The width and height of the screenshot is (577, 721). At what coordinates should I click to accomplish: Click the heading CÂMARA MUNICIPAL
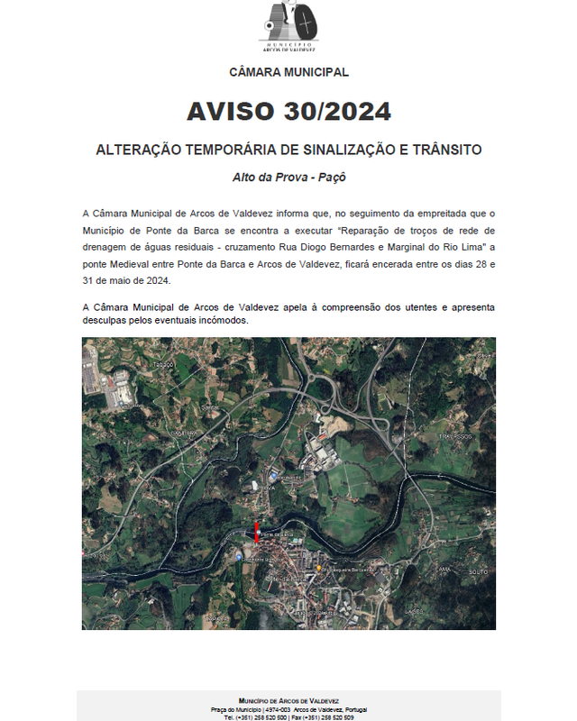288,72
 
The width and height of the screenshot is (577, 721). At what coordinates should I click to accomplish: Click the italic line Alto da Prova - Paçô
288,178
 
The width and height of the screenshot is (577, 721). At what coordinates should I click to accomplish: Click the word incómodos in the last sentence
222,321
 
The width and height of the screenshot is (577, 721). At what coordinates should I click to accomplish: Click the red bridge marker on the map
256,531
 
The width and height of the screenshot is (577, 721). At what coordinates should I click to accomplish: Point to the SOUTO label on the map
478,571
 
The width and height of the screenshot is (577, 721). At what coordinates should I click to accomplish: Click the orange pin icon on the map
319,569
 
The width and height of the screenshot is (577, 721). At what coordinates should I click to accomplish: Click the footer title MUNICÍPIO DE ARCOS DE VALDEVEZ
288,701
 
